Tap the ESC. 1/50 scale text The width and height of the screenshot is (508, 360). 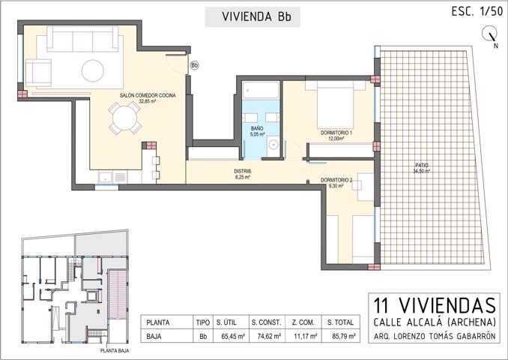(477, 11)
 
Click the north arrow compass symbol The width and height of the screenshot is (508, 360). (492, 34)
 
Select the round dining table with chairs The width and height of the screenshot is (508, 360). (124, 118)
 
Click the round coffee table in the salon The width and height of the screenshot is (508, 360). (94, 70)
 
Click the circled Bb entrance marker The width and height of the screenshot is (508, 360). (195, 65)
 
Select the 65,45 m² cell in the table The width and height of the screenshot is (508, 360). (229, 337)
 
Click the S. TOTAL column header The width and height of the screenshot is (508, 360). (342, 321)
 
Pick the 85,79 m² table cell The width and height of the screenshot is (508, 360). (342, 337)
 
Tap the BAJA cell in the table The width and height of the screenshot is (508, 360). (154, 337)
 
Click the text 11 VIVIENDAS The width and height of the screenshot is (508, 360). (435, 306)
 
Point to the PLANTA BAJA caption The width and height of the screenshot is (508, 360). (119, 350)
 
